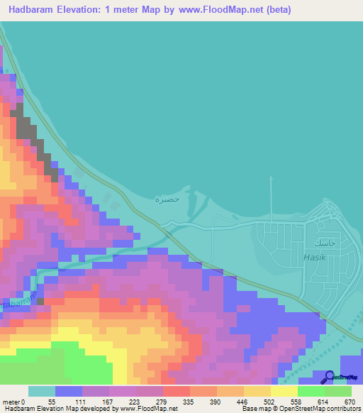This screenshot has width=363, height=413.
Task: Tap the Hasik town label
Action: point(314,257)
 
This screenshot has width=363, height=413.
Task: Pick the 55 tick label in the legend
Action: point(51,402)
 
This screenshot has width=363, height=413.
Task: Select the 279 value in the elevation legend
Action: point(170,402)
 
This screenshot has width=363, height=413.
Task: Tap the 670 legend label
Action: point(349,402)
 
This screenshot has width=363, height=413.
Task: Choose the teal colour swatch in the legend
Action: point(42,391)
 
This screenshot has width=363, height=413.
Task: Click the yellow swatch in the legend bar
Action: point(284,391)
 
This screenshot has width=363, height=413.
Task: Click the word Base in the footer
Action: point(248,409)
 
